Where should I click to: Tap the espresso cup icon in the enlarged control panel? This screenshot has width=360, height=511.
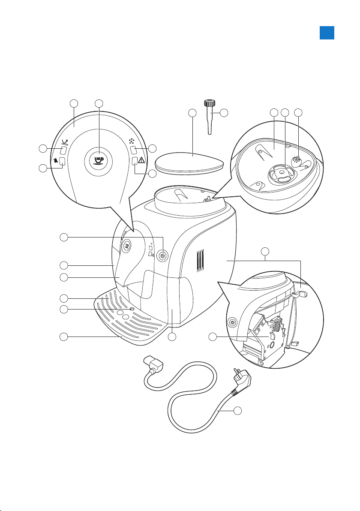100,159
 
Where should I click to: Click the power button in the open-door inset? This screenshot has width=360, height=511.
232,322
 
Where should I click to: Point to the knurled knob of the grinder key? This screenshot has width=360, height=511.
209,103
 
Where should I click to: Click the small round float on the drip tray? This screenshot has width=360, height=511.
132,309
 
